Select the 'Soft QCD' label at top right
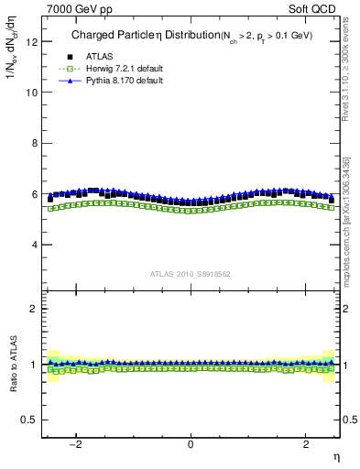[x=314, y=8]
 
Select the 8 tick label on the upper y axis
[x=35, y=143]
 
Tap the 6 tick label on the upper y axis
[x=35, y=194]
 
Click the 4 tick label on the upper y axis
[x=35, y=245]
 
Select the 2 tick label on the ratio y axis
[x=35, y=309]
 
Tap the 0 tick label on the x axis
[x=191, y=442]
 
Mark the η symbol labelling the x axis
[x=335, y=455]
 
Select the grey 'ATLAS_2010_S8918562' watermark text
[x=191, y=273]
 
